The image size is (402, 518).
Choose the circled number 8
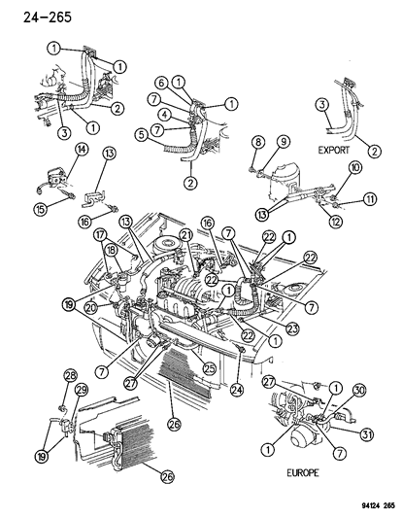(257, 142)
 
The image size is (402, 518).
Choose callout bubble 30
(360, 390)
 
